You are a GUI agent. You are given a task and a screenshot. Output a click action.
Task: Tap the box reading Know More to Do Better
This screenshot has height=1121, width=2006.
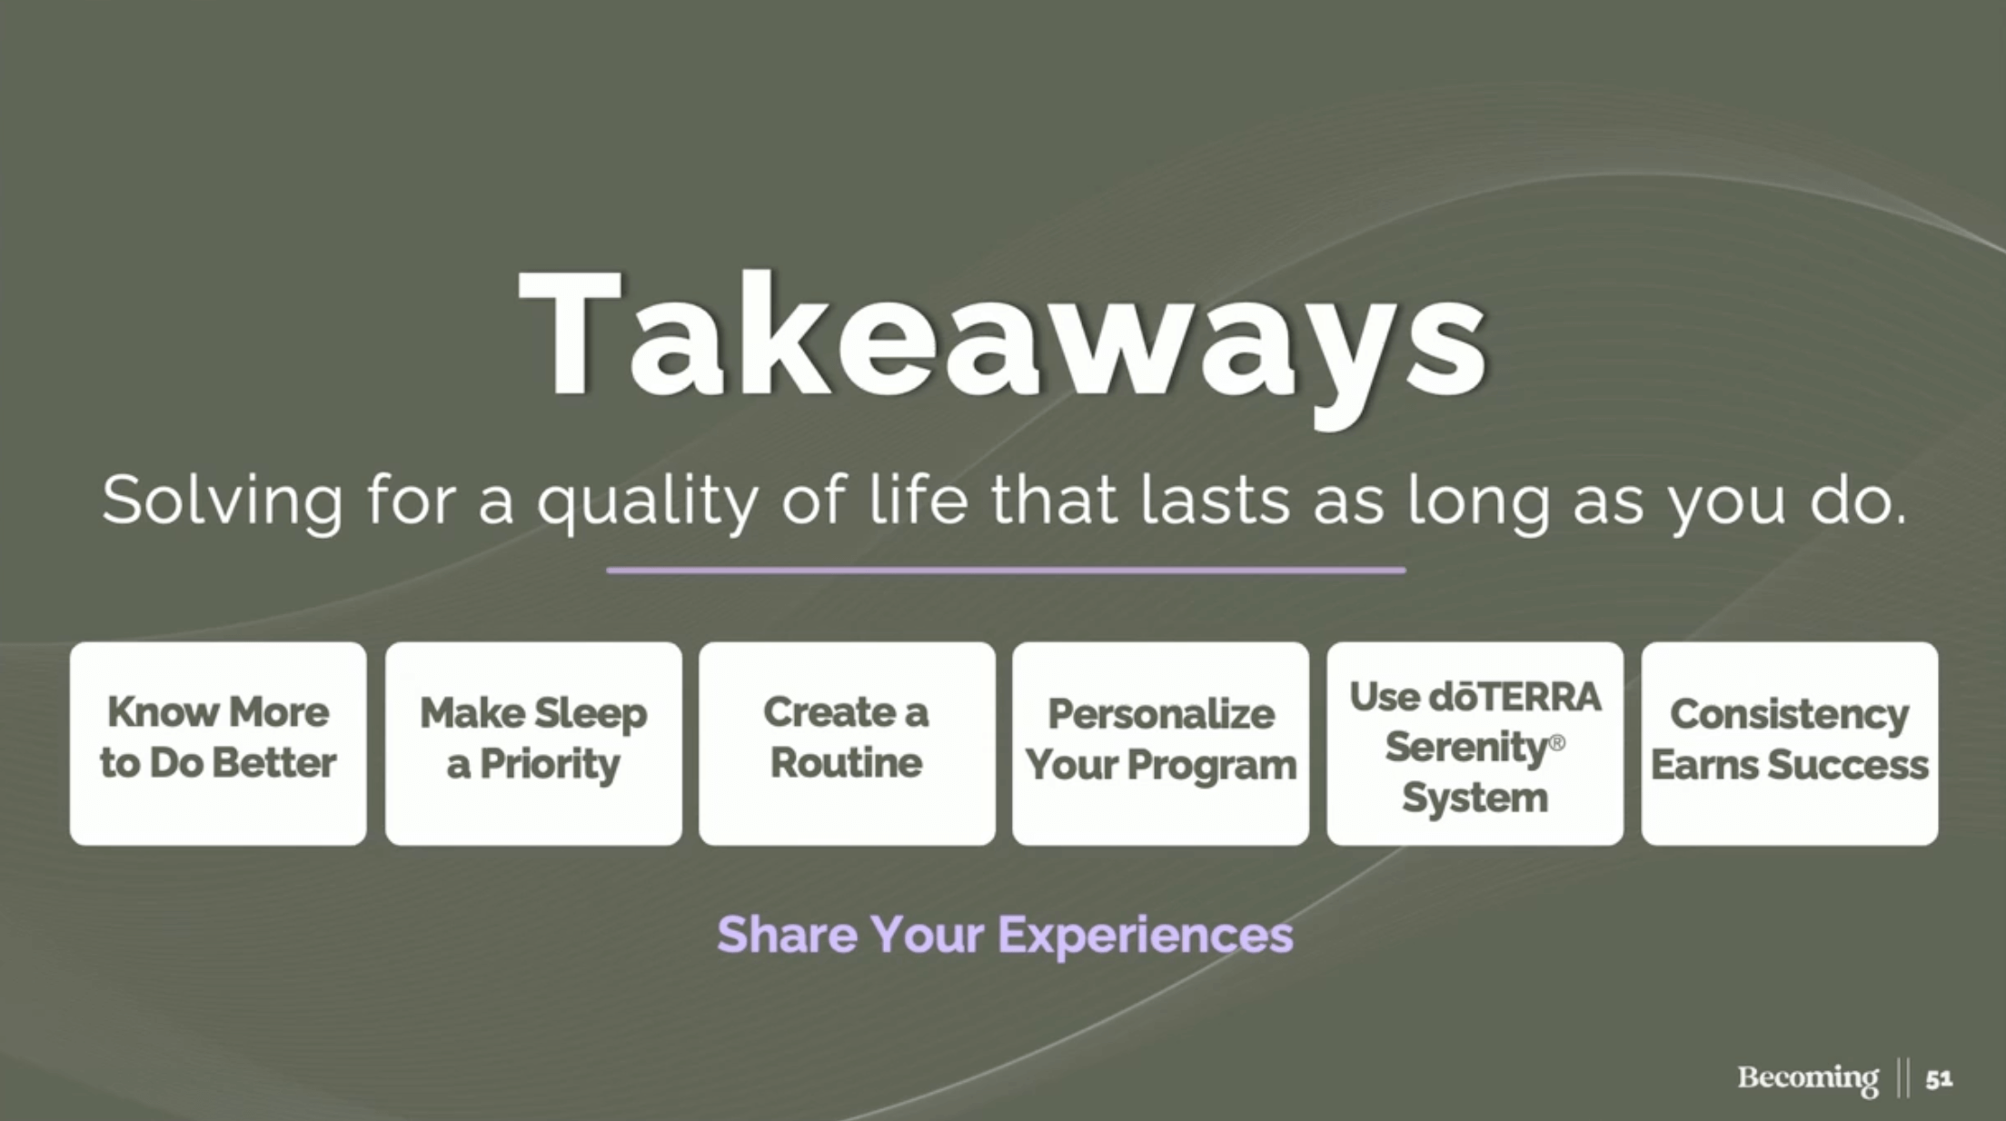click(x=218, y=744)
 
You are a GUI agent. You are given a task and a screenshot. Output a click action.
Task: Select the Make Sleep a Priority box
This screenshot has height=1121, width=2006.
click(x=533, y=744)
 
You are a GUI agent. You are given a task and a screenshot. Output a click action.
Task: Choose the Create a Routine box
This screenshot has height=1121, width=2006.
click(x=847, y=744)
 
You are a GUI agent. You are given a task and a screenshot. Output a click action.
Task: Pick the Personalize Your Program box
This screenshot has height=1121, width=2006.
click(x=1161, y=744)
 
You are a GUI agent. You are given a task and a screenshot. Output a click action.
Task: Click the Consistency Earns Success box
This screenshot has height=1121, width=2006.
click(x=1790, y=744)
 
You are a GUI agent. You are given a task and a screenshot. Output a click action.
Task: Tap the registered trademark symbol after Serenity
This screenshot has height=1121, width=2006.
click(x=1556, y=743)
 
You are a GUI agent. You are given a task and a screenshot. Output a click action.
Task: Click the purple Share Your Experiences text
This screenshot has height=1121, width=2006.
click(x=1005, y=935)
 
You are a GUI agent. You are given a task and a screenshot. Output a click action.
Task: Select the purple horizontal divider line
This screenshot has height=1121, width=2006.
click(x=1006, y=570)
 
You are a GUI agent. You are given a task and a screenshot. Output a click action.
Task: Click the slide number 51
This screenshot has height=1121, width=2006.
click(x=1939, y=1079)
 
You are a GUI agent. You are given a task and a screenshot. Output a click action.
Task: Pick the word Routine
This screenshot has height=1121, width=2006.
click(x=847, y=763)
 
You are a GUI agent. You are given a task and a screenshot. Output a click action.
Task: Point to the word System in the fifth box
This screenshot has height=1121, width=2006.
click(x=1475, y=799)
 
